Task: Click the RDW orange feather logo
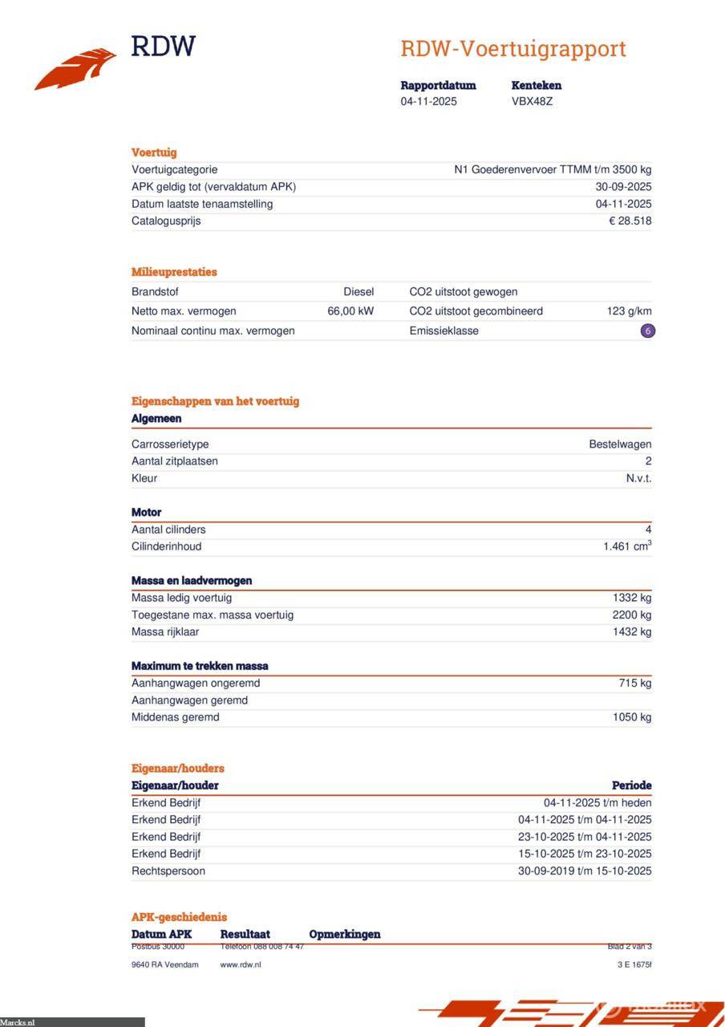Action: (77, 69)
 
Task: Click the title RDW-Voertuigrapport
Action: (512, 48)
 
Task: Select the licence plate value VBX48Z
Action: (532, 102)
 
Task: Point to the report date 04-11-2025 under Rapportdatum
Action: (429, 102)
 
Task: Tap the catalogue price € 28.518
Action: (630, 221)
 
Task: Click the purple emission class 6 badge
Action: (647, 331)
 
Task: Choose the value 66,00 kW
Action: (350, 311)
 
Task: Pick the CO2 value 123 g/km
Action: (629, 311)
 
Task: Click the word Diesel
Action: (358, 292)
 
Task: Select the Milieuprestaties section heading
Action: (174, 272)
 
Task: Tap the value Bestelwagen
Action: (620, 444)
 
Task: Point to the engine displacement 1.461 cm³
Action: (627, 546)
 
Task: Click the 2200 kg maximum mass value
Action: (632, 615)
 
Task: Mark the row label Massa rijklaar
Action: (165, 632)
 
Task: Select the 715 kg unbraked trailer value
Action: (635, 684)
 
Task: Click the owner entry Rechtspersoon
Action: (168, 871)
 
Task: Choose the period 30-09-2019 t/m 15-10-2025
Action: (585, 871)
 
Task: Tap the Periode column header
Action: (631, 785)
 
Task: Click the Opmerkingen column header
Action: (345, 934)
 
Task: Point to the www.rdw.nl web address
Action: (241, 964)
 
